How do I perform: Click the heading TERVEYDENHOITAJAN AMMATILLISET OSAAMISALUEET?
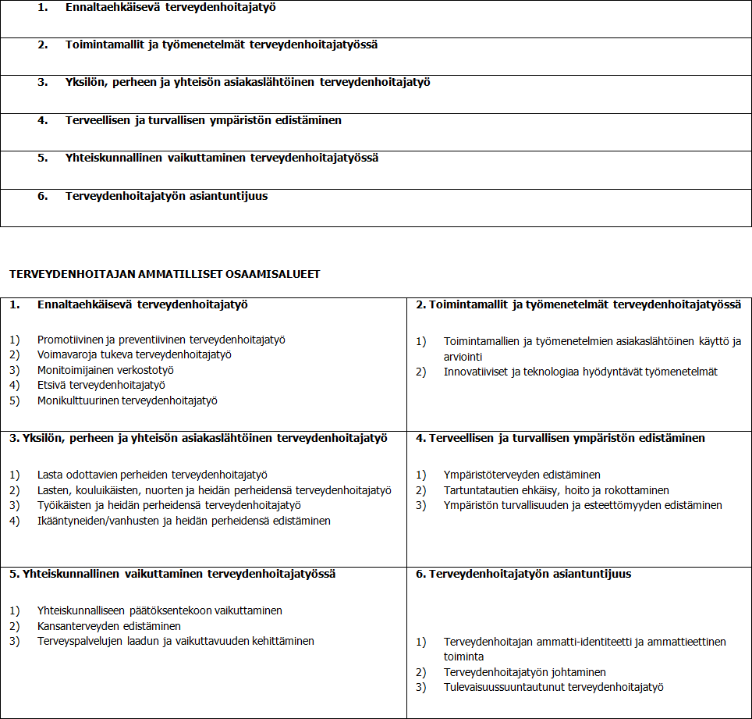(164, 274)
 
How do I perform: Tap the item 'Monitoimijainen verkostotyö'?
(105, 370)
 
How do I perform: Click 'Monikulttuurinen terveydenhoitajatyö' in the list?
(127, 400)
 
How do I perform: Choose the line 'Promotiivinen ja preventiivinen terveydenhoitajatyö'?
(161, 340)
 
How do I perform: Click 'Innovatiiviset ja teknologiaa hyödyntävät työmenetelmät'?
(580, 372)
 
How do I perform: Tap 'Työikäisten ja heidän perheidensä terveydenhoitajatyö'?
(169, 505)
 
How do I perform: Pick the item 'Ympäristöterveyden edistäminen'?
(522, 475)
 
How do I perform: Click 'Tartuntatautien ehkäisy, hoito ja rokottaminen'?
(556, 490)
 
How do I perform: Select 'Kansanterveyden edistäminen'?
(109, 626)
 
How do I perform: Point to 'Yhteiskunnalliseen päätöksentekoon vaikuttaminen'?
(160, 610)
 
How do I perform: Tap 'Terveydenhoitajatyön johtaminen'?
(524, 672)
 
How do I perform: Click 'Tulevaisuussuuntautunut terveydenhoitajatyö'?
(553, 687)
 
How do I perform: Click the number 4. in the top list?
(42, 120)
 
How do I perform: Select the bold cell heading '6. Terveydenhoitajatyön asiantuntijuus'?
(523, 574)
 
